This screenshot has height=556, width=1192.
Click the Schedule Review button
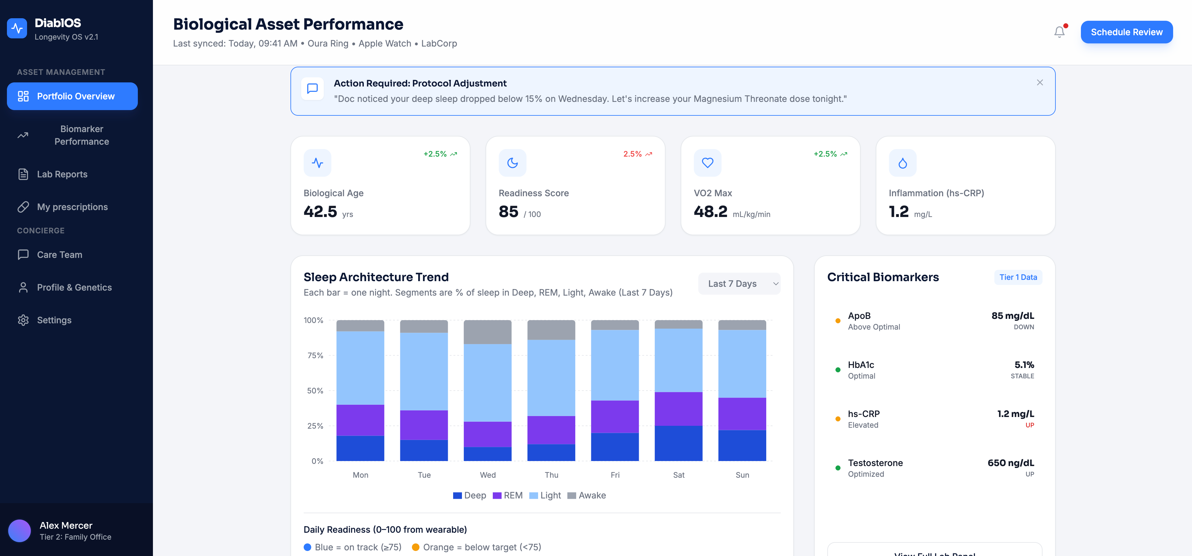tap(1126, 32)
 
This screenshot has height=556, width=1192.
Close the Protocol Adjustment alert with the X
tap(1040, 82)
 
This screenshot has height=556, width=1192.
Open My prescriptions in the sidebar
tap(72, 207)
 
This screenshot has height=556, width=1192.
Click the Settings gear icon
tap(23, 320)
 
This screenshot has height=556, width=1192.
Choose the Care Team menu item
tap(59, 255)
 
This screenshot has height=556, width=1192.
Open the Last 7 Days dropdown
tap(739, 284)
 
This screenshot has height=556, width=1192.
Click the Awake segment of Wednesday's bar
tap(487, 332)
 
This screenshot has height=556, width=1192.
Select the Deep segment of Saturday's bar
tap(678, 443)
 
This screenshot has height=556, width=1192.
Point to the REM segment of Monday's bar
tap(360, 420)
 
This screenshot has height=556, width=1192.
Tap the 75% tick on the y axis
tap(315, 355)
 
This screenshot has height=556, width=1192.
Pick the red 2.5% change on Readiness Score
tap(632, 154)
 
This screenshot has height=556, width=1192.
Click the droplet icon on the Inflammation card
tap(902, 163)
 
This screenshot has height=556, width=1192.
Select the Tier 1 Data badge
tap(1018, 277)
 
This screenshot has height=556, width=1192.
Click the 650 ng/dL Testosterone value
tap(1011, 463)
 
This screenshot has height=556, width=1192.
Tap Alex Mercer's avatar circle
tap(20, 531)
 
